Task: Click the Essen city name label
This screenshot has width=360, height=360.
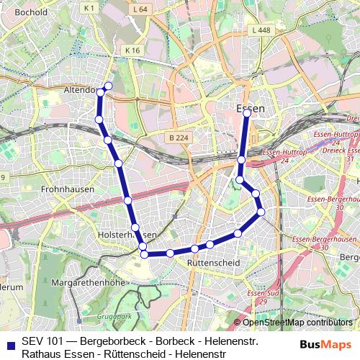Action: (251, 108)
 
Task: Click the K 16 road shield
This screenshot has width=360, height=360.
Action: (132, 50)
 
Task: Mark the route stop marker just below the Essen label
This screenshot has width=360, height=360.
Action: (247, 113)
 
